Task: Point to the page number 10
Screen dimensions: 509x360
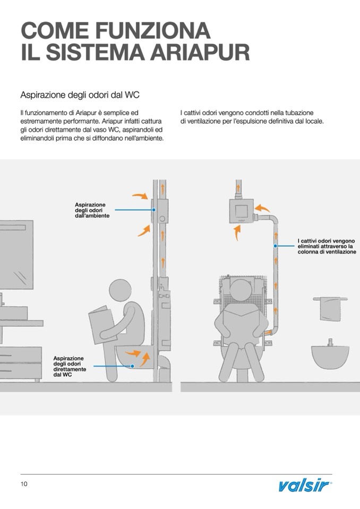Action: (x=24, y=484)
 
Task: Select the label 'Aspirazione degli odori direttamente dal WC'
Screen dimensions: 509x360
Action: (x=70, y=367)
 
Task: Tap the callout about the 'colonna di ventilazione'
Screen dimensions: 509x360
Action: (x=327, y=247)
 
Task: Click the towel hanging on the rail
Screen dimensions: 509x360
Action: (x=330, y=309)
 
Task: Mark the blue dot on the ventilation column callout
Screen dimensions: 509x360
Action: (x=276, y=246)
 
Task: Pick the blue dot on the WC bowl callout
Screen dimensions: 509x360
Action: (x=133, y=365)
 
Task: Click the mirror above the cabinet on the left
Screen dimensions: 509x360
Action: (x=16, y=252)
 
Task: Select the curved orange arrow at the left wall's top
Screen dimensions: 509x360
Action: (x=140, y=196)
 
